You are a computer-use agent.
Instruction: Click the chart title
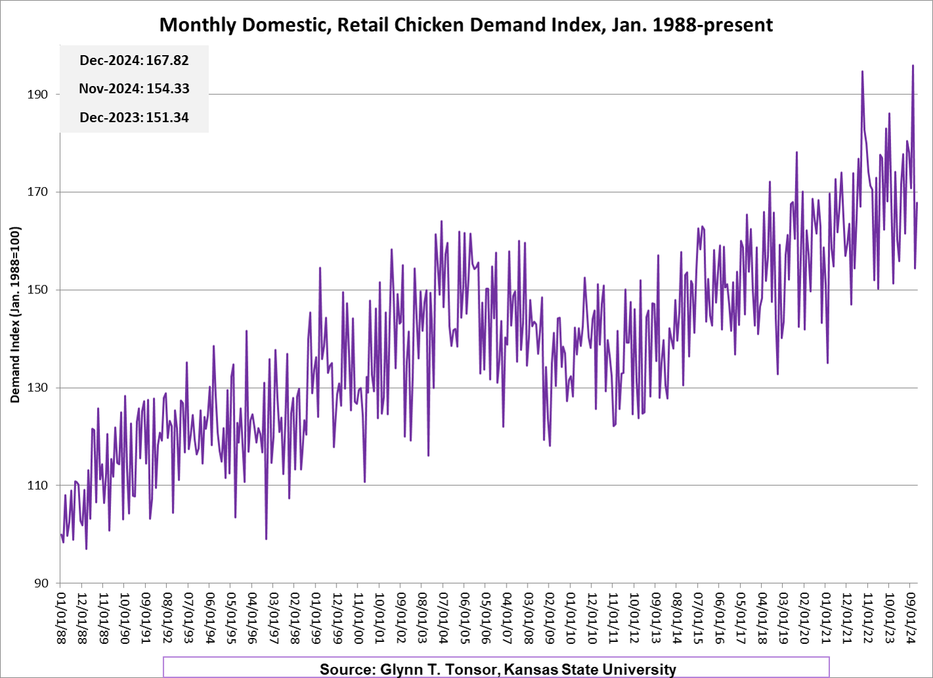tap(466, 25)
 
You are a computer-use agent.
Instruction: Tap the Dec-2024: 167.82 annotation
tap(134, 60)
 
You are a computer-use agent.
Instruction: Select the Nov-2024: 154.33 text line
tap(134, 89)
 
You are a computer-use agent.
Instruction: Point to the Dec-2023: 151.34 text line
tap(134, 117)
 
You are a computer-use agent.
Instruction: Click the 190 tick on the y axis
tap(37, 95)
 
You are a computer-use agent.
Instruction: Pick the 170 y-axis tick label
tap(37, 192)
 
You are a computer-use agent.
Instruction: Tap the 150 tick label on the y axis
tap(37, 290)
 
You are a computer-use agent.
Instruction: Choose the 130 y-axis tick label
tap(37, 388)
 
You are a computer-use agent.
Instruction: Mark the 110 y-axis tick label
tap(37, 486)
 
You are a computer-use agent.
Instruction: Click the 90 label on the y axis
tap(41, 583)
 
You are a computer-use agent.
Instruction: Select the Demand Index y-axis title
tap(15, 315)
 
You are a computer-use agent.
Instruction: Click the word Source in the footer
tap(346, 669)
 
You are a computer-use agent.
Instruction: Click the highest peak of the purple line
tap(913, 66)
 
